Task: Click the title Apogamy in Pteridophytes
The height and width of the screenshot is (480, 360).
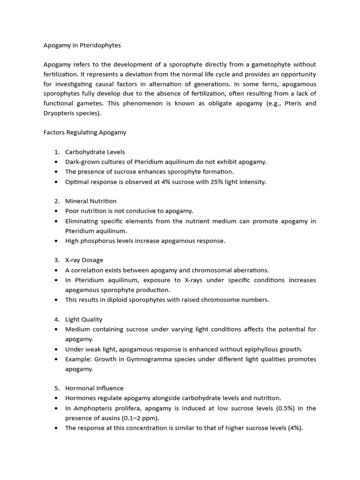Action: click(x=82, y=45)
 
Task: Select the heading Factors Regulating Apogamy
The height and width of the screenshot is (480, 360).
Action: click(x=85, y=132)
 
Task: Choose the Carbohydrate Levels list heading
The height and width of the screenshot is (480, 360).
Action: click(x=95, y=152)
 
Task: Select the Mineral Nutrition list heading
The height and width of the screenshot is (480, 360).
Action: click(x=91, y=201)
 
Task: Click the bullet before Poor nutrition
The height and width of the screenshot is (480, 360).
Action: click(x=56, y=211)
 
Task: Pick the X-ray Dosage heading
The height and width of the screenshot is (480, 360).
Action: click(x=84, y=260)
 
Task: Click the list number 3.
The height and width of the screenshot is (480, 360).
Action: click(x=56, y=260)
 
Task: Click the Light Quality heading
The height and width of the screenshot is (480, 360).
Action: click(x=83, y=319)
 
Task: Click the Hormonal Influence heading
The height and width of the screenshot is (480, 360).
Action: click(x=94, y=388)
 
